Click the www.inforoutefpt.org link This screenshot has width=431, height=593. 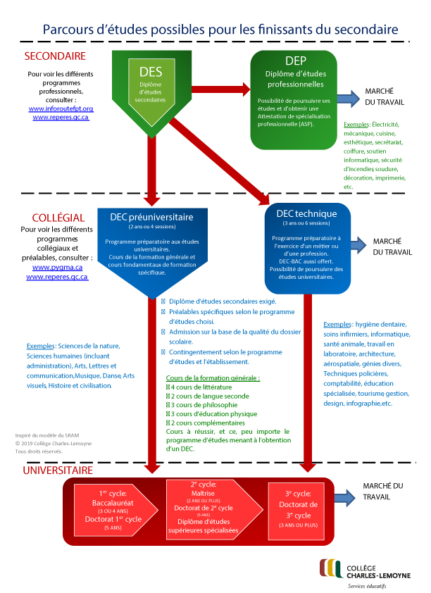pyautogui.click(x=61, y=108)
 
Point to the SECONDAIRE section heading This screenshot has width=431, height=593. pyautogui.click(x=55, y=56)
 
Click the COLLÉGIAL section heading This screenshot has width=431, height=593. pyautogui.click(x=58, y=218)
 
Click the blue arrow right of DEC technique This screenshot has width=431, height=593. pyautogui.click(x=356, y=244)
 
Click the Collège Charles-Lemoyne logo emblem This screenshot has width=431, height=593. pyautogui.click(x=330, y=568)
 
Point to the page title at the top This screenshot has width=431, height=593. pyautogui.click(x=220, y=30)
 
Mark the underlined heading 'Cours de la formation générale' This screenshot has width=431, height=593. pyautogui.click(x=212, y=378)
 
